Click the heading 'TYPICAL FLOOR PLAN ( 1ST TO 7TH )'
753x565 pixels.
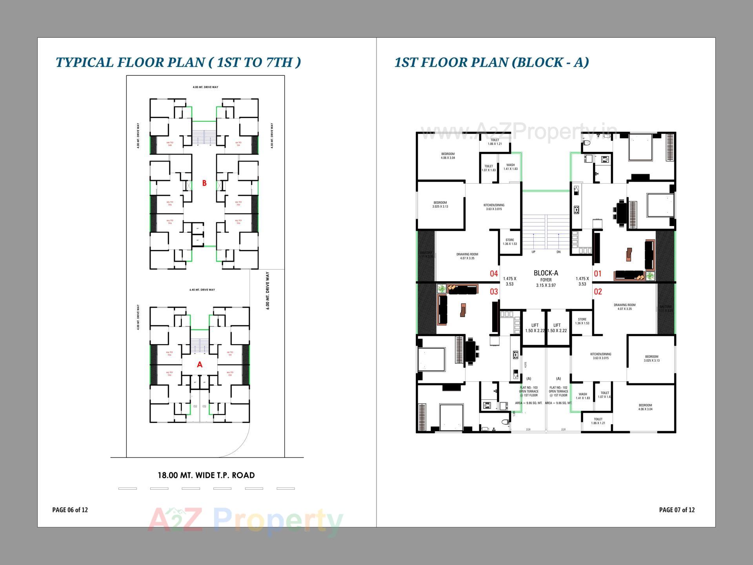178,62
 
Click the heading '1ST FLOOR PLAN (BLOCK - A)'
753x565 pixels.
491,62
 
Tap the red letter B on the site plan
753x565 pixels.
204,183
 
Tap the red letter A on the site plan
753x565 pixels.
200,365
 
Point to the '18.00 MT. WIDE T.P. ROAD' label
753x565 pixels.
206,476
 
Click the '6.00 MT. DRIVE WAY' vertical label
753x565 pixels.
268,290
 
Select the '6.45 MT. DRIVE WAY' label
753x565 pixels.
202,290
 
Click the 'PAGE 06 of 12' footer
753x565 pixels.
70,510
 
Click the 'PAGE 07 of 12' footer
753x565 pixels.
677,510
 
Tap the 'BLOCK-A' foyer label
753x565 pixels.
546,273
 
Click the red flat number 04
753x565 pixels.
494,274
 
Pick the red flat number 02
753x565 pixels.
598,292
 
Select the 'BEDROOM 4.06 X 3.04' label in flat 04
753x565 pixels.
448,156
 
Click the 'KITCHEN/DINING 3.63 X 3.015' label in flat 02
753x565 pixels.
601,356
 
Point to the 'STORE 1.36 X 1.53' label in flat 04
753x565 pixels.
510,242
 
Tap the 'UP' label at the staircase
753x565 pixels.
533,252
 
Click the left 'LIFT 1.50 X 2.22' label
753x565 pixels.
535,328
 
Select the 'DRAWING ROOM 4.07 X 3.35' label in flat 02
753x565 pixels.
624,307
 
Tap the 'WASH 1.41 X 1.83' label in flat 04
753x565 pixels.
510,167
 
